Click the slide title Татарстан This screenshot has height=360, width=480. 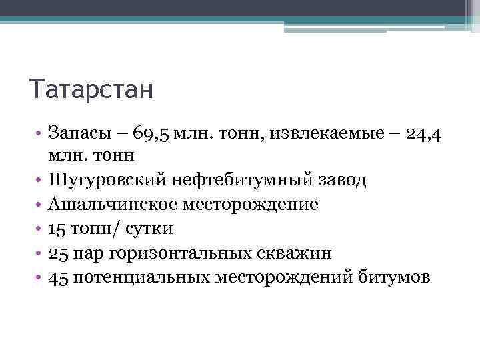coord(91,89)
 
